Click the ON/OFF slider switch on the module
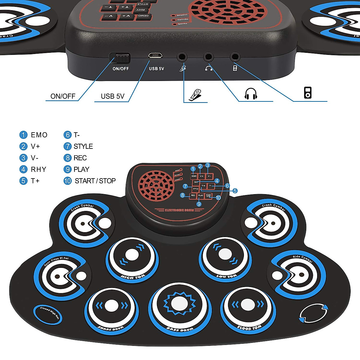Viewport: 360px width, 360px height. click(120, 57)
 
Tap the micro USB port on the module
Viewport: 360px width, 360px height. click(155, 55)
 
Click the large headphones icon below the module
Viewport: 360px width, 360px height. click(251, 94)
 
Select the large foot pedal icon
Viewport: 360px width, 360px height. click(196, 94)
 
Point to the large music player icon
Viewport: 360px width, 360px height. click(307, 93)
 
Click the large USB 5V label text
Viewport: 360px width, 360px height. click(112, 96)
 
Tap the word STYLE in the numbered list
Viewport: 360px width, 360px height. click(83, 146)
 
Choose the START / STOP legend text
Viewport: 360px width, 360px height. click(95, 181)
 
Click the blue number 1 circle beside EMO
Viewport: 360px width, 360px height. click(23, 135)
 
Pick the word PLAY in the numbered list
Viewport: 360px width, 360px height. click(81, 169)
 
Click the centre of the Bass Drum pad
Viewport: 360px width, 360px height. click(179, 304)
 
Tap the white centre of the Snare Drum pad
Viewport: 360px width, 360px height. click(112, 306)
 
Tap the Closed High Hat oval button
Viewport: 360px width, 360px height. click(48, 314)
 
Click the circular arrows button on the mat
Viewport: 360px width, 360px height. click(313, 313)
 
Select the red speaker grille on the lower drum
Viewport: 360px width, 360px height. click(156, 186)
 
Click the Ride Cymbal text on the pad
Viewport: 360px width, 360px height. click(303, 259)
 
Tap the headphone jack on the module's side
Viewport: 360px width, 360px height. click(208, 56)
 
